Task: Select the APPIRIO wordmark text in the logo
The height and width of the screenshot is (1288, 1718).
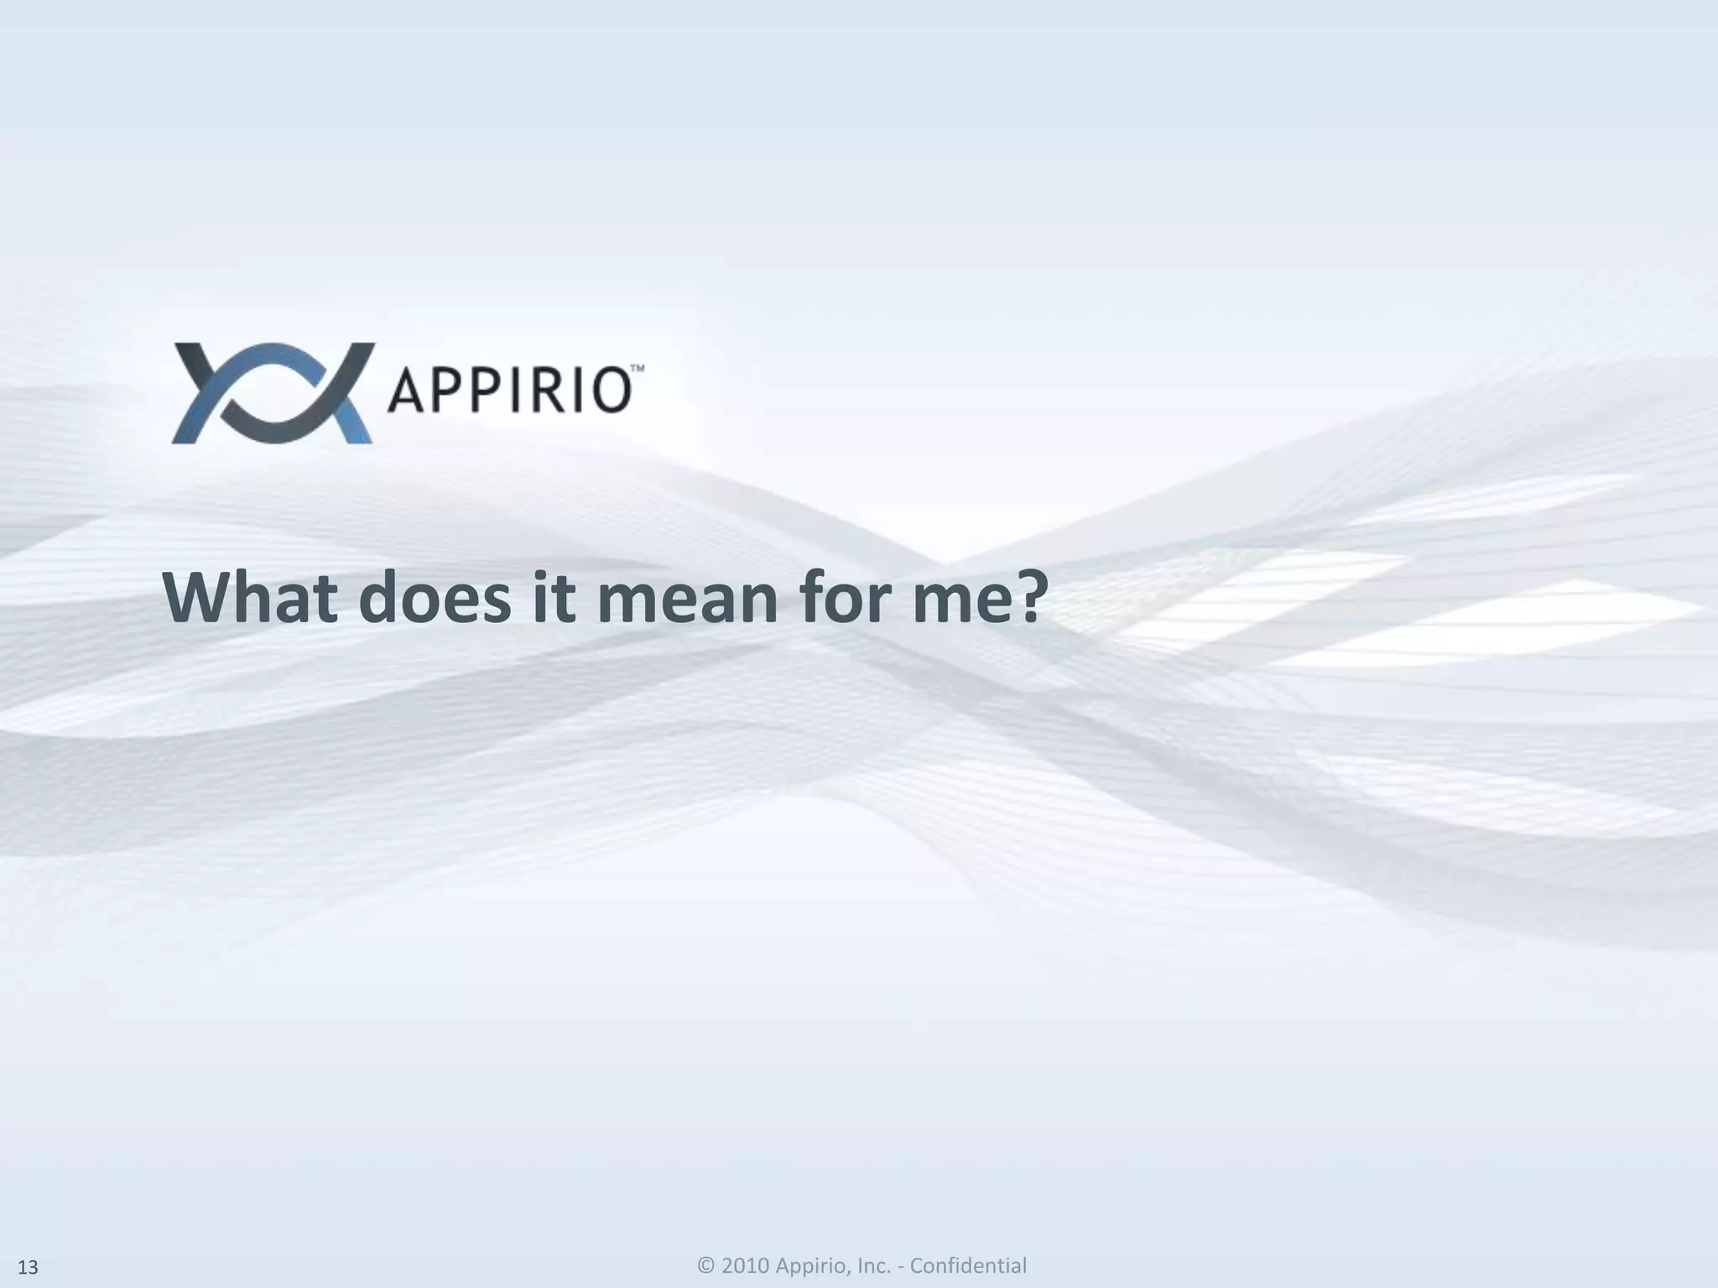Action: tap(508, 392)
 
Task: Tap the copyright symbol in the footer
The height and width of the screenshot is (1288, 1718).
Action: tap(706, 1265)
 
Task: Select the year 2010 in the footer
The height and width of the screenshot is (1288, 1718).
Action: tap(745, 1265)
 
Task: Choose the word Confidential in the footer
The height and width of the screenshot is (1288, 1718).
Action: tap(968, 1265)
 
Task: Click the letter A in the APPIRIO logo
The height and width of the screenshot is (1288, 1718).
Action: tap(406, 392)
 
